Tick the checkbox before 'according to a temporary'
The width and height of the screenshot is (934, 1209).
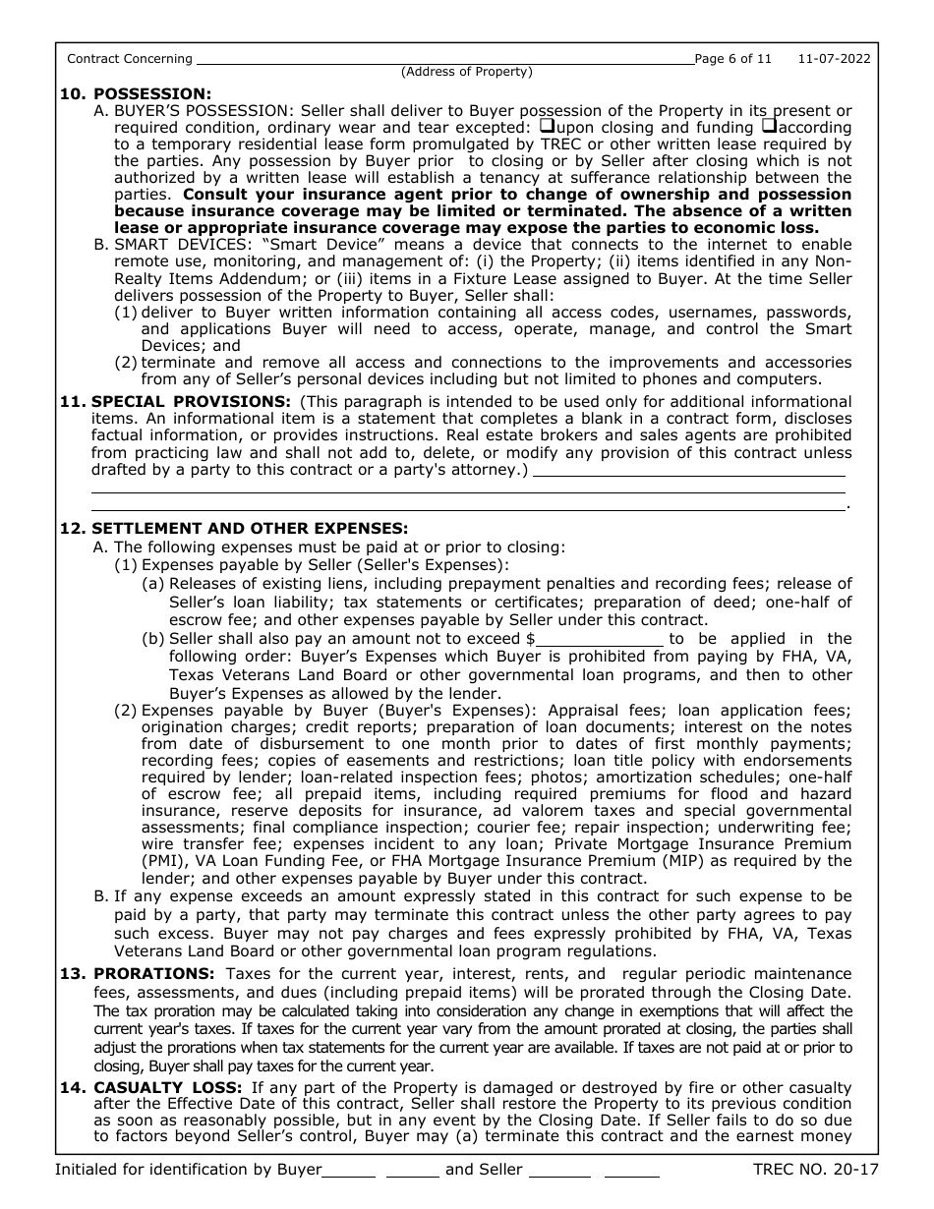pyautogui.click(x=770, y=127)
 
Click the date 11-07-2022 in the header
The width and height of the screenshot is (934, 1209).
pyautogui.click(x=835, y=59)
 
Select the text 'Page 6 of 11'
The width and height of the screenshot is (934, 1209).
pyautogui.click(x=732, y=59)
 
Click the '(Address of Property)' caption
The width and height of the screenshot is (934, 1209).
pyautogui.click(x=466, y=72)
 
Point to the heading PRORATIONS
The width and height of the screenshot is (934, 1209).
pyautogui.click(x=153, y=973)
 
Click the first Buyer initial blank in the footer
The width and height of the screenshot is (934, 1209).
pyautogui.click(x=349, y=1171)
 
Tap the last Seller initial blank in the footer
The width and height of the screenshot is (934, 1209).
pyautogui.click(x=631, y=1171)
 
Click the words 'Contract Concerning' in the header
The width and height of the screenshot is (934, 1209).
pyautogui.click(x=129, y=59)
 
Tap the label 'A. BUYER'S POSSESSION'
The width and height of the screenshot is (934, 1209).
pyautogui.click(x=202, y=111)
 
